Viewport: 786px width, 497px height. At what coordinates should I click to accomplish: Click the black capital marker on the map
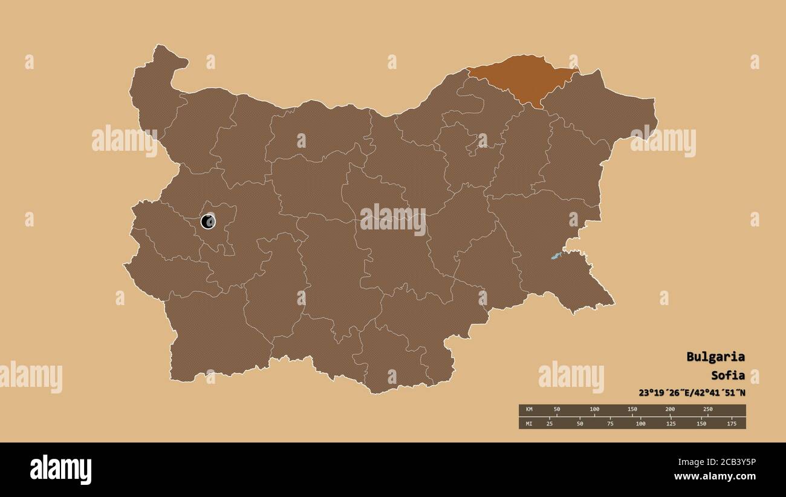[208, 222]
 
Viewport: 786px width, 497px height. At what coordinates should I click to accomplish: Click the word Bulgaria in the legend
[715, 357]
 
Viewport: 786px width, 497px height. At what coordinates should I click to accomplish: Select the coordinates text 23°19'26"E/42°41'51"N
[692, 392]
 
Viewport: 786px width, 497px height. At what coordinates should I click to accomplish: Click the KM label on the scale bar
[529, 410]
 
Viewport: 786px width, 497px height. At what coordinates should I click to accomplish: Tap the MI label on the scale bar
[529, 423]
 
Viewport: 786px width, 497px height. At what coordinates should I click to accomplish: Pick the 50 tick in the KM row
[557, 410]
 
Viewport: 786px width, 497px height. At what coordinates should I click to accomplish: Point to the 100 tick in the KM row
[594, 410]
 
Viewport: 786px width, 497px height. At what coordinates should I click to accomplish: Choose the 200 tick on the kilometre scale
[670, 410]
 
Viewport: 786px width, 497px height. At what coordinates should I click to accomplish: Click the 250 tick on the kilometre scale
[707, 410]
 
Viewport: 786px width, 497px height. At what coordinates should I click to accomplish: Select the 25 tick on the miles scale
[550, 423]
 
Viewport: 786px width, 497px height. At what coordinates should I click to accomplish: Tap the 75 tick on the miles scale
[610, 423]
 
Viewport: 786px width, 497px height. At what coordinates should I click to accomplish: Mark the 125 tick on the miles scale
[671, 423]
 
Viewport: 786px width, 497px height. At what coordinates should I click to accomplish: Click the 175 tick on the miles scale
[731, 423]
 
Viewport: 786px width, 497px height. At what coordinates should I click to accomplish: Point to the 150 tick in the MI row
[701, 423]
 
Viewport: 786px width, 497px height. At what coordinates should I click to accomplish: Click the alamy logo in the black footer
[60, 470]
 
